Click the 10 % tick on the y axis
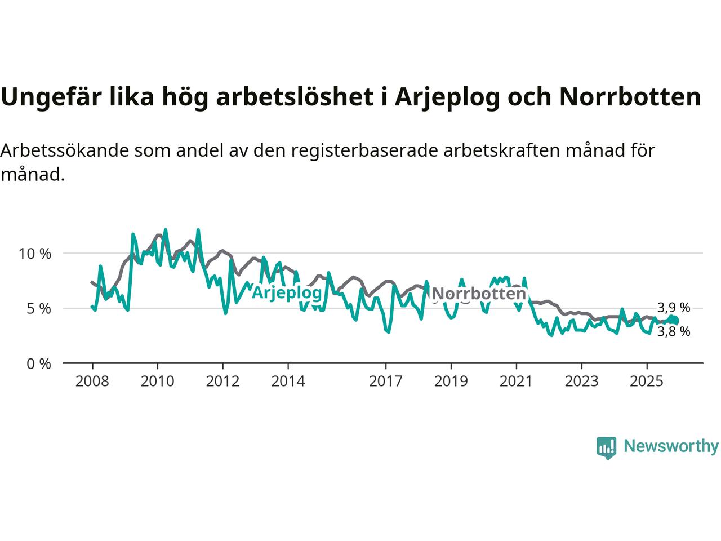click(35, 254)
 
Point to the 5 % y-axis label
click(38, 309)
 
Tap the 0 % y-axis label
click(38, 364)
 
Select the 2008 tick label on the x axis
click(92, 382)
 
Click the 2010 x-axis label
click(158, 382)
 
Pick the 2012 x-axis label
click(223, 382)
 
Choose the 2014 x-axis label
click(288, 382)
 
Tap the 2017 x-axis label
click(386, 382)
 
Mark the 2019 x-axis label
click(451, 382)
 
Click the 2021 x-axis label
click(517, 382)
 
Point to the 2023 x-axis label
click(582, 382)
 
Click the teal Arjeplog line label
click(287, 292)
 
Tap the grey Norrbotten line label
click(479, 294)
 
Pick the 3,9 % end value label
click(674, 308)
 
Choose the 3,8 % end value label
click(674, 332)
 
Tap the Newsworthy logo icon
click(606, 447)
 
